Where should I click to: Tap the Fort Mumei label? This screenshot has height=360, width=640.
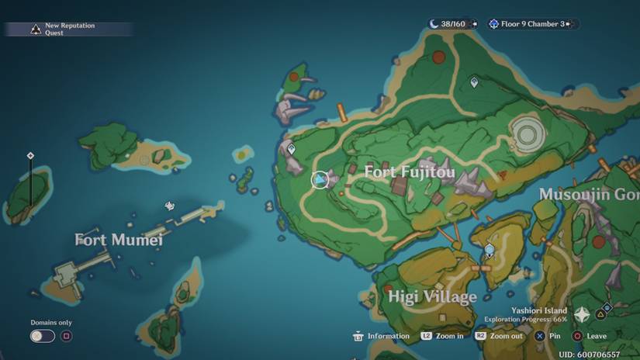(119, 240)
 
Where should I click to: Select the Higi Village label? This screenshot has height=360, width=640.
(432, 297)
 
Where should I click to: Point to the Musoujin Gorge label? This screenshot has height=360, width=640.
(589, 194)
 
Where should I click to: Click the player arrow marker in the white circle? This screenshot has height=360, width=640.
(320, 180)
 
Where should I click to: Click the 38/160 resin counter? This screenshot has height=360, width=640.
(448, 24)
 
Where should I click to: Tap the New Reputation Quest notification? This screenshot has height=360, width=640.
(68, 29)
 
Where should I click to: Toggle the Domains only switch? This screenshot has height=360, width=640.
(43, 336)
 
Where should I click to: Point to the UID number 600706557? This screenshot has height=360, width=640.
(590, 354)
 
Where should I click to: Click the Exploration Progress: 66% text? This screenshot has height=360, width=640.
(526, 319)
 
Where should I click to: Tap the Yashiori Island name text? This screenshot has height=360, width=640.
(540, 310)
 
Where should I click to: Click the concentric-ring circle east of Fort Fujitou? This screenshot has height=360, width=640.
(528, 133)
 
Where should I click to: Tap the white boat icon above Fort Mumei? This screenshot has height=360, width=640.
(170, 206)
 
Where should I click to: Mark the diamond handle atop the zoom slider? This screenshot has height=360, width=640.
(30, 155)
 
